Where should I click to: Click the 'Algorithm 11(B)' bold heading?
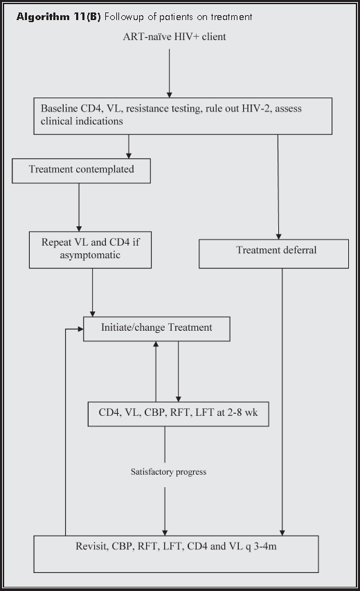[62, 16]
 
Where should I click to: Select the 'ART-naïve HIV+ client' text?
[171, 36]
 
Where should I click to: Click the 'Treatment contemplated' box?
[81, 170]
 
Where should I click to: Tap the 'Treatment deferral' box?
[274, 253]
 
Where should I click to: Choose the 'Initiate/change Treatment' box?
[156, 329]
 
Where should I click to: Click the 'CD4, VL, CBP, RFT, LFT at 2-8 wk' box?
[179, 413]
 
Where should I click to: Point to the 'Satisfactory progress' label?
[168, 472]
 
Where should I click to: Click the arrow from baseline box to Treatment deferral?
[278, 187]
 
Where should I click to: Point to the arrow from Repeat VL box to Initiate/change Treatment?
[93, 292]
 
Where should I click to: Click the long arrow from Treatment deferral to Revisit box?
[282, 401]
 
